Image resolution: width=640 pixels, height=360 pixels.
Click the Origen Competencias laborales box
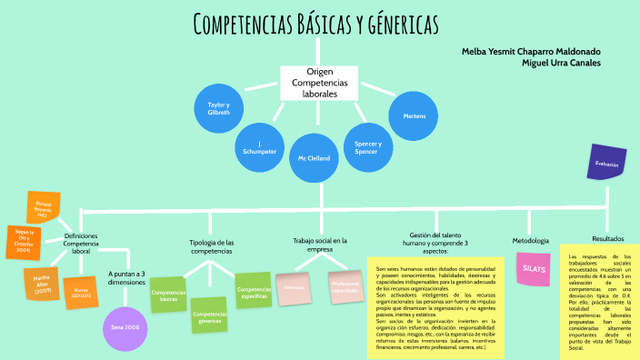pos(315,83)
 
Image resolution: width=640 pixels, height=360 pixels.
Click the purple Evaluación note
pos(607,164)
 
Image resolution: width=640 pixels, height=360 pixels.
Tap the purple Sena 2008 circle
pos(125,301)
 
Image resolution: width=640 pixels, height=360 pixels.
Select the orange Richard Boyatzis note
pos(44,208)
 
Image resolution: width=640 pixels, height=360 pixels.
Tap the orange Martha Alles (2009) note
pos(42,284)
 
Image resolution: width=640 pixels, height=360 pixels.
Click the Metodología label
pos(530,240)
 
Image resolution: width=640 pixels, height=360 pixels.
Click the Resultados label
pos(607,238)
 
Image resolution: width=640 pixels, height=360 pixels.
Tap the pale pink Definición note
pos(294,287)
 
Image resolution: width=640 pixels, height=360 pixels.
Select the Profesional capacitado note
pos(345,286)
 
